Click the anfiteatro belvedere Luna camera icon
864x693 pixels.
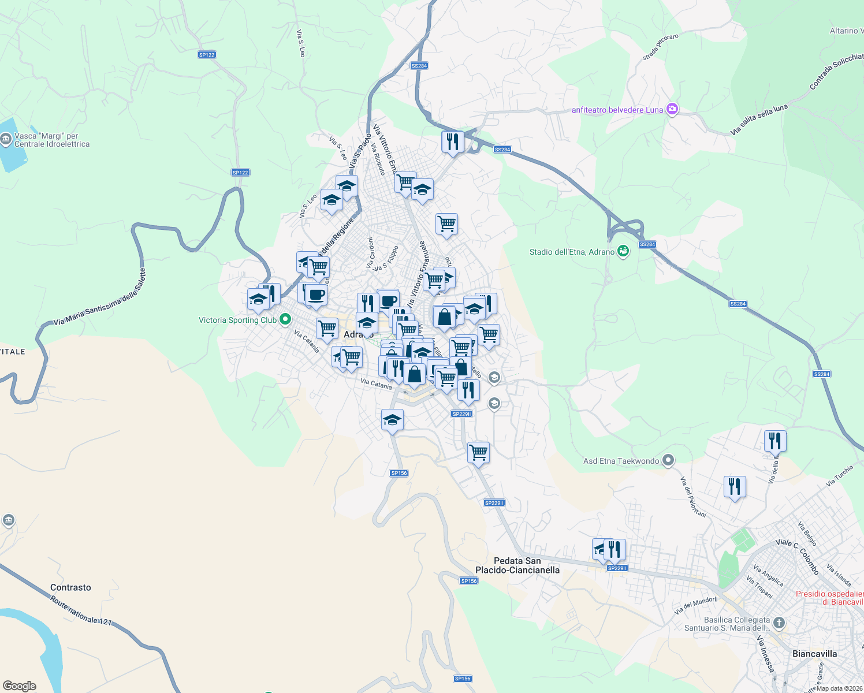[x=672, y=109]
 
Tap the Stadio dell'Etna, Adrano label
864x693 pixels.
[x=572, y=252]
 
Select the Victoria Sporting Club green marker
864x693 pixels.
[x=285, y=319]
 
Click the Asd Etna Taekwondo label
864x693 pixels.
[x=621, y=461]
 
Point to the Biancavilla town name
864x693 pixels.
[x=814, y=654]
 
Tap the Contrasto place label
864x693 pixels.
[x=70, y=587]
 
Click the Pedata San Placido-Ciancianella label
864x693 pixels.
[x=517, y=565]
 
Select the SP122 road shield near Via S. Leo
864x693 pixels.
[x=206, y=55]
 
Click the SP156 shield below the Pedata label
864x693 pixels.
[x=468, y=581]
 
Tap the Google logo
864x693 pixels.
[x=19, y=686]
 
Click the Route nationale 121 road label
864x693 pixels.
[x=81, y=610]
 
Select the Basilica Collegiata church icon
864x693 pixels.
[x=779, y=623]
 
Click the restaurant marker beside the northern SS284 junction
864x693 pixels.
[x=452, y=141]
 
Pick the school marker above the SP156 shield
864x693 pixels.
[x=392, y=420]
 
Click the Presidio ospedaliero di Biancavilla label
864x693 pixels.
[x=829, y=598]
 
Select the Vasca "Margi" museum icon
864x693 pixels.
[x=6, y=139]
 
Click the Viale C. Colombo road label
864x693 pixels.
[x=798, y=556]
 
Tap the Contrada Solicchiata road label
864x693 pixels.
[x=837, y=70]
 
